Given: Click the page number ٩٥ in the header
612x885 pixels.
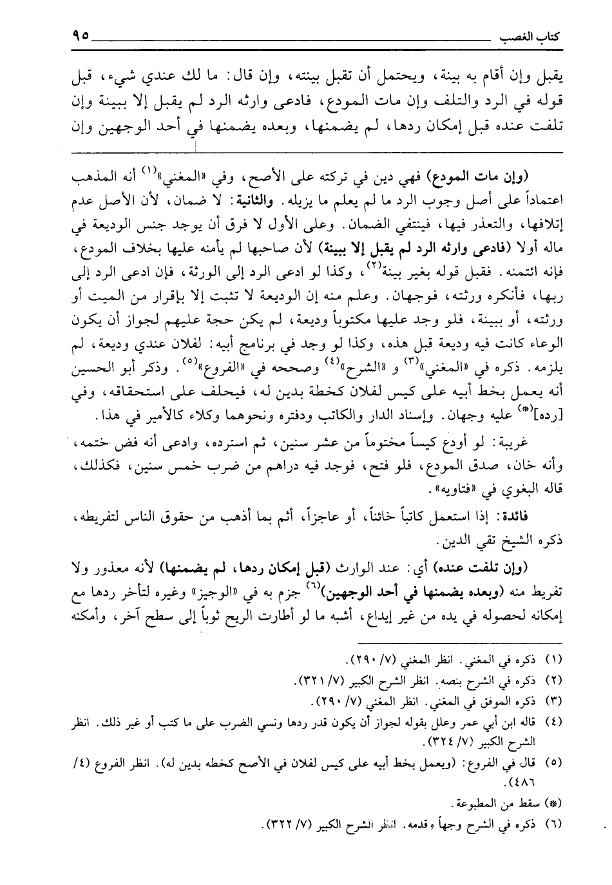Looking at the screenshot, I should (77, 36).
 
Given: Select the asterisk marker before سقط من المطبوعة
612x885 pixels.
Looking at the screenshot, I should (554, 803).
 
